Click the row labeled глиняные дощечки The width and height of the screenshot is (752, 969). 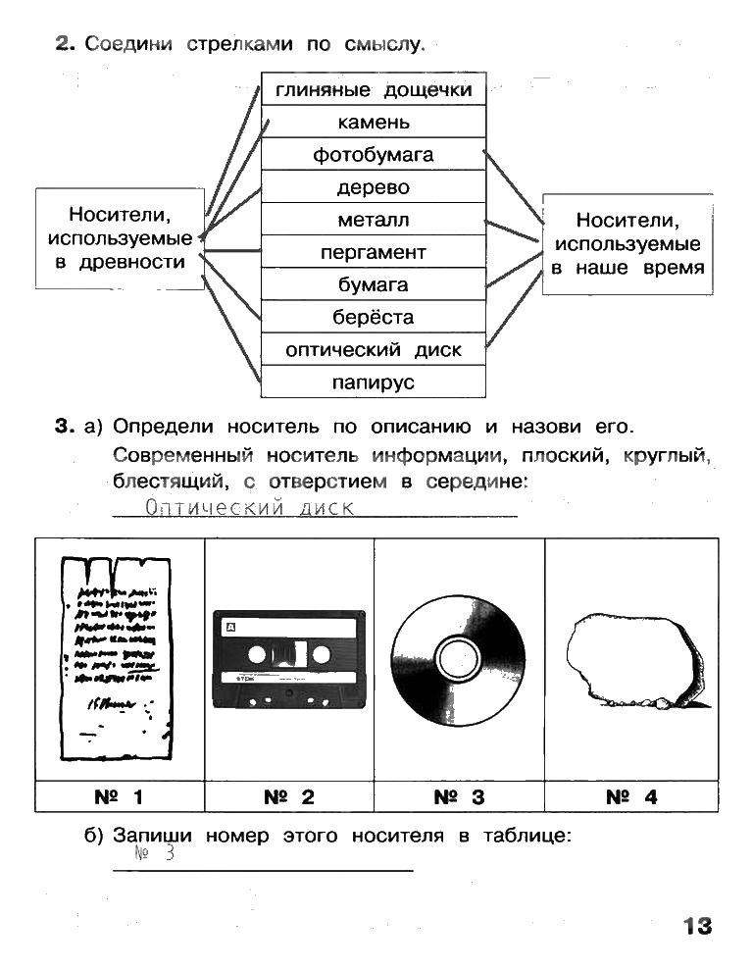click(x=374, y=90)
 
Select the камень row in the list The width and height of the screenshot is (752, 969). click(x=374, y=123)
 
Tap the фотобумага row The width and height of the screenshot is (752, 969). click(x=374, y=155)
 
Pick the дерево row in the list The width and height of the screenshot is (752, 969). click(x=374, y=187)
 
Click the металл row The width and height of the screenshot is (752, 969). click(x=374, y=220)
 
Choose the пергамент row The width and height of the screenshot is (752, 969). click(x=374, y=252)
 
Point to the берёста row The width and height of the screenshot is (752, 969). click(x=374, y=317)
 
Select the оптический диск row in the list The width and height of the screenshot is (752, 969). click(x=374, y=349)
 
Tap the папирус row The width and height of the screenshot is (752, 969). click(x=374, y=382)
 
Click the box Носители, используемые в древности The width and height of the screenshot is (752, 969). click(x=120, y=238)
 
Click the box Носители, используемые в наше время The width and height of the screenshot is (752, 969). click(x=627, y=244)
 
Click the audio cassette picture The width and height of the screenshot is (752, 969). click(x=288, y=658)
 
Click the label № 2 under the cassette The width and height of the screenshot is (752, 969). click(x=289, y=797)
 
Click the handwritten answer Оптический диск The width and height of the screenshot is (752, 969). click(x=249, y=507)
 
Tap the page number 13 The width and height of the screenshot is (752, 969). click(x=697, y=926)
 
